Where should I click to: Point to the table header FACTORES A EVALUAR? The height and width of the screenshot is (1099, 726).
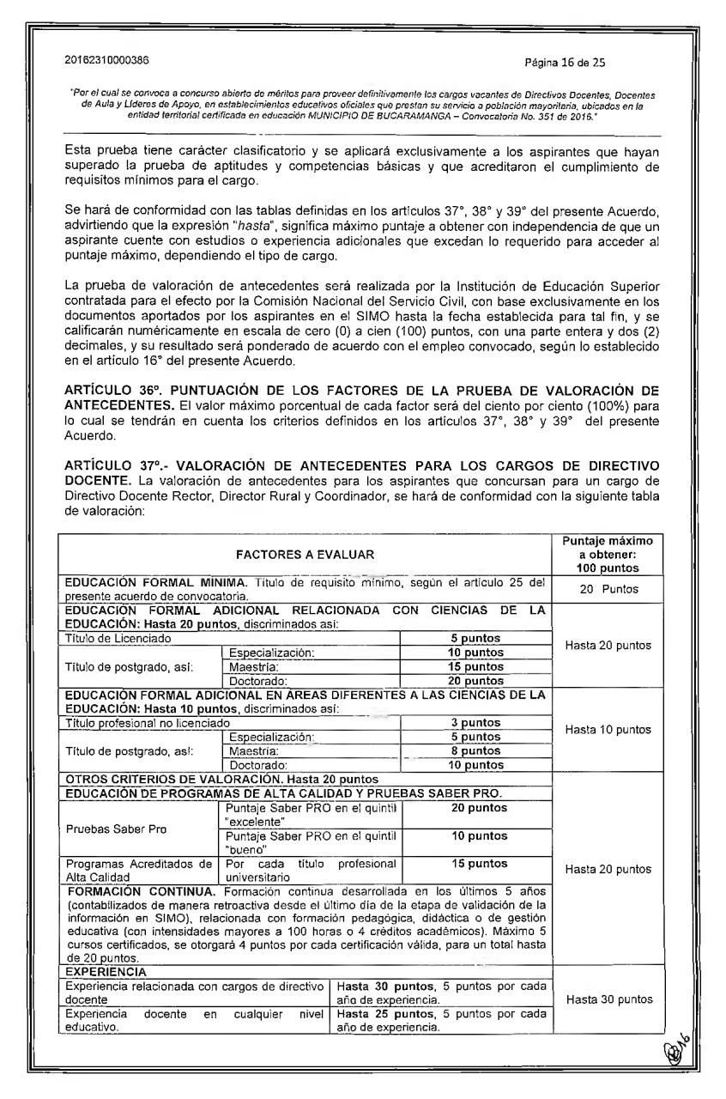point(305,554)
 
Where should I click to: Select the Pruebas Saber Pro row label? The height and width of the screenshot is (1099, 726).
point(108,829)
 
